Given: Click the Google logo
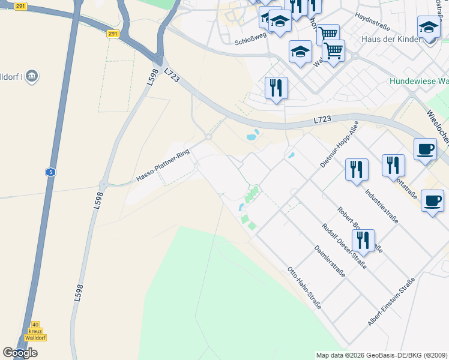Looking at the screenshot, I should [x=20, y=353].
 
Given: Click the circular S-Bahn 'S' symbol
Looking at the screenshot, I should [x=51, y=172].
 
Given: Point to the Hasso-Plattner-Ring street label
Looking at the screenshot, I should [x=163, y=166].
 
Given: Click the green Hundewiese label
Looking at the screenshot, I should [x=418, y=81].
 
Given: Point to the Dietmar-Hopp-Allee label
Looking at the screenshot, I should [x=339, y=144].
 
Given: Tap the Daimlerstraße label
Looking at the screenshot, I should [x=330, y=262].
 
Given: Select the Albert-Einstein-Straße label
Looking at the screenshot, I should [x=391, y=303].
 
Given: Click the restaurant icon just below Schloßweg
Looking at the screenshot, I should [x=277, y=88].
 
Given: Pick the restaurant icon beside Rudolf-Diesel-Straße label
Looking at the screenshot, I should [x=363, y=241].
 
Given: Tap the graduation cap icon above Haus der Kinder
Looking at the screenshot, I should [x=429, y=28].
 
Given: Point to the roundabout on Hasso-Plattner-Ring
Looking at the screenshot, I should [x=209, y=137].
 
